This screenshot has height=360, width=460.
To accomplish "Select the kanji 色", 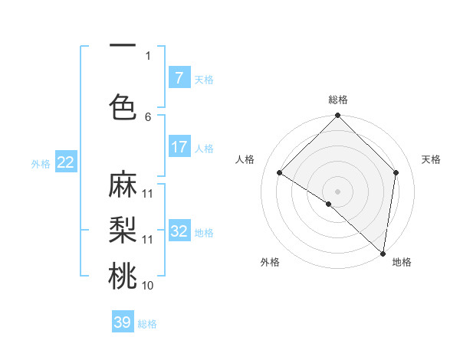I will tap(123, 106).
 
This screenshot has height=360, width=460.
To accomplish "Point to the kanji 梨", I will tap(123, 231).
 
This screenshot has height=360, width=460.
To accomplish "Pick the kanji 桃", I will tap(123, 277).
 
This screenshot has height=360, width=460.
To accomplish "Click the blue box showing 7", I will tap(179, 78).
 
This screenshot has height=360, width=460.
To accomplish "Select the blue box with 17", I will tap(179, 147).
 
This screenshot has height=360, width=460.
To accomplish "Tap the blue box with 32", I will tap(179, 231).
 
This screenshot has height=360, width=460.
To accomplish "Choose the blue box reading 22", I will tap(66, 162).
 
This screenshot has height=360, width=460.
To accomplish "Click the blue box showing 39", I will tap(123, 322).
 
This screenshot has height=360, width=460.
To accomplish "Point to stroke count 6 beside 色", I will tap(148, 116).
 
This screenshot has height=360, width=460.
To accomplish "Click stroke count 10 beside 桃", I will tap(148, 286).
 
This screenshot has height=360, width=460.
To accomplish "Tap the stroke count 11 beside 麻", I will tap(148, 193).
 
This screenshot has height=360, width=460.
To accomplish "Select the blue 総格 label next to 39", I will tap(147, 324).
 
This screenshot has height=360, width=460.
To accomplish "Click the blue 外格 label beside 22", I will tap(41, 163).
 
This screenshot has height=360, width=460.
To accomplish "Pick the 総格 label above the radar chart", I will tap(337, 100).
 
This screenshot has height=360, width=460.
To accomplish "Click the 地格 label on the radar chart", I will tap(402, 263).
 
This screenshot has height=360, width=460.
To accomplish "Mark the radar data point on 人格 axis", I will tap(280, 172).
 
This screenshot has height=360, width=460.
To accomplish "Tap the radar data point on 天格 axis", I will tap(396, 172).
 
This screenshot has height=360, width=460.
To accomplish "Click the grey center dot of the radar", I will tap(337, 191).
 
